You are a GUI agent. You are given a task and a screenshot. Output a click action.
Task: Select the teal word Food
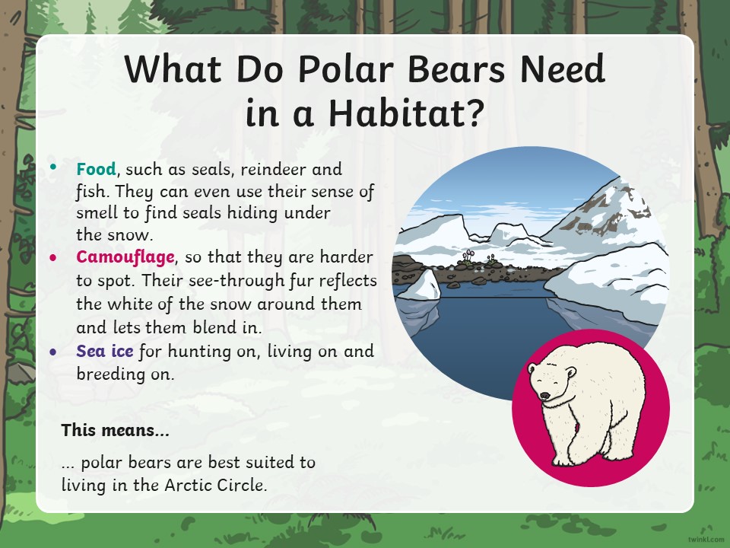(96, 169)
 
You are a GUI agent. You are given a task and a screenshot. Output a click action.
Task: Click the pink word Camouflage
(125, 257)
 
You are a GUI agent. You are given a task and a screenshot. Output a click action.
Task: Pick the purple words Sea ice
(105, 351)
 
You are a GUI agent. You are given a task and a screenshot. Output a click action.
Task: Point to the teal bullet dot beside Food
(53, 167)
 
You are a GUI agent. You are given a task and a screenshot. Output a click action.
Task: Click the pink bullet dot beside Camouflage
(53, 258)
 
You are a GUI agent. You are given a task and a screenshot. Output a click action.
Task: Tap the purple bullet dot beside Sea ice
(53, 352)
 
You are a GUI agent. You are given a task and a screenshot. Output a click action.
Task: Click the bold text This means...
(115, 429)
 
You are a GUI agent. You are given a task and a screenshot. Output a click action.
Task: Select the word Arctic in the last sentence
(189, 485)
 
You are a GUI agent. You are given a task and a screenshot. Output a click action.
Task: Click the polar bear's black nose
(544, 396)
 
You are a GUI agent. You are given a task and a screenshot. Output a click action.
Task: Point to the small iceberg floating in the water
(420, 285)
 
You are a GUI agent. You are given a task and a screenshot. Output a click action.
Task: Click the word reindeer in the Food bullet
(273, 169)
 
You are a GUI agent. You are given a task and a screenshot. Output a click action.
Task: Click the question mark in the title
(475, 112)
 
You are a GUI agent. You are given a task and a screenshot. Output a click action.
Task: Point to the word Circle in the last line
(242, 485)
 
